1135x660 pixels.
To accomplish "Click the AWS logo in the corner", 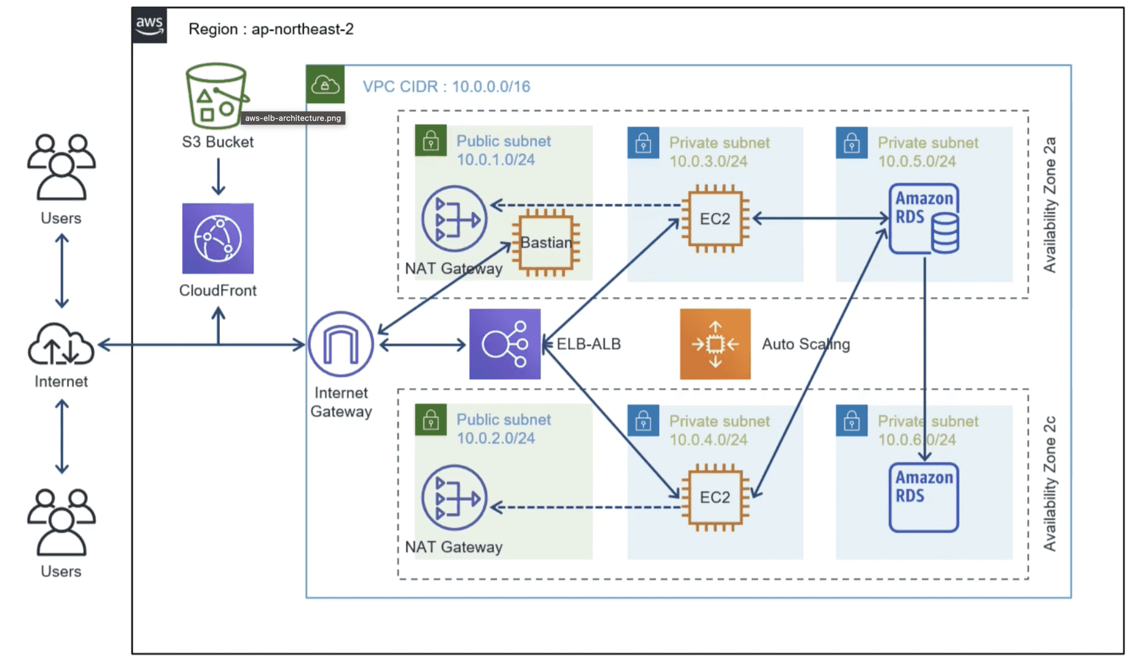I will pos(149,25).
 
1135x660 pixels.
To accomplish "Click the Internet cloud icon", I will pos(61,345).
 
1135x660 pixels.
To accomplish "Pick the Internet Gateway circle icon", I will pos(341,344).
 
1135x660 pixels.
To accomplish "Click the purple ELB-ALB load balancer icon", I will pos(505,344).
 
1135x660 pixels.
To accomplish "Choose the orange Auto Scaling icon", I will pos(715,344).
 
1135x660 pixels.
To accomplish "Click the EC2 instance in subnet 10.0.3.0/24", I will pos(715,219).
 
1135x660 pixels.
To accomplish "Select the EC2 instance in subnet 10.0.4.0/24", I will pos(715,497).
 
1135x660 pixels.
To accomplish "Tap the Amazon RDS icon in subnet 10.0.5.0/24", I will pos(924,219).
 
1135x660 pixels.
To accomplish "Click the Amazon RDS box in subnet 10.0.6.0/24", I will pos(924,497).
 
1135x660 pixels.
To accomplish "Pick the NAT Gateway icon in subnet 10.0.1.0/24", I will pos(454,219).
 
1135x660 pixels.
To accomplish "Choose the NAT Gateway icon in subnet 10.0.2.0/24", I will pos(454,497).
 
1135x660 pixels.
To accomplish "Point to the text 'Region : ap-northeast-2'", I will pos(271,29).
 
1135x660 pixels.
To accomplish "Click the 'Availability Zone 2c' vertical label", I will pos(1050,483).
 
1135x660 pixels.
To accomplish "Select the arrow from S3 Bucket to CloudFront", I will pos(218,176).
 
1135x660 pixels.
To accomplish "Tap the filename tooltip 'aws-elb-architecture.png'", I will pos(293,118).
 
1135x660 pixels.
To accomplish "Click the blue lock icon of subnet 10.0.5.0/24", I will pos(851,143).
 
